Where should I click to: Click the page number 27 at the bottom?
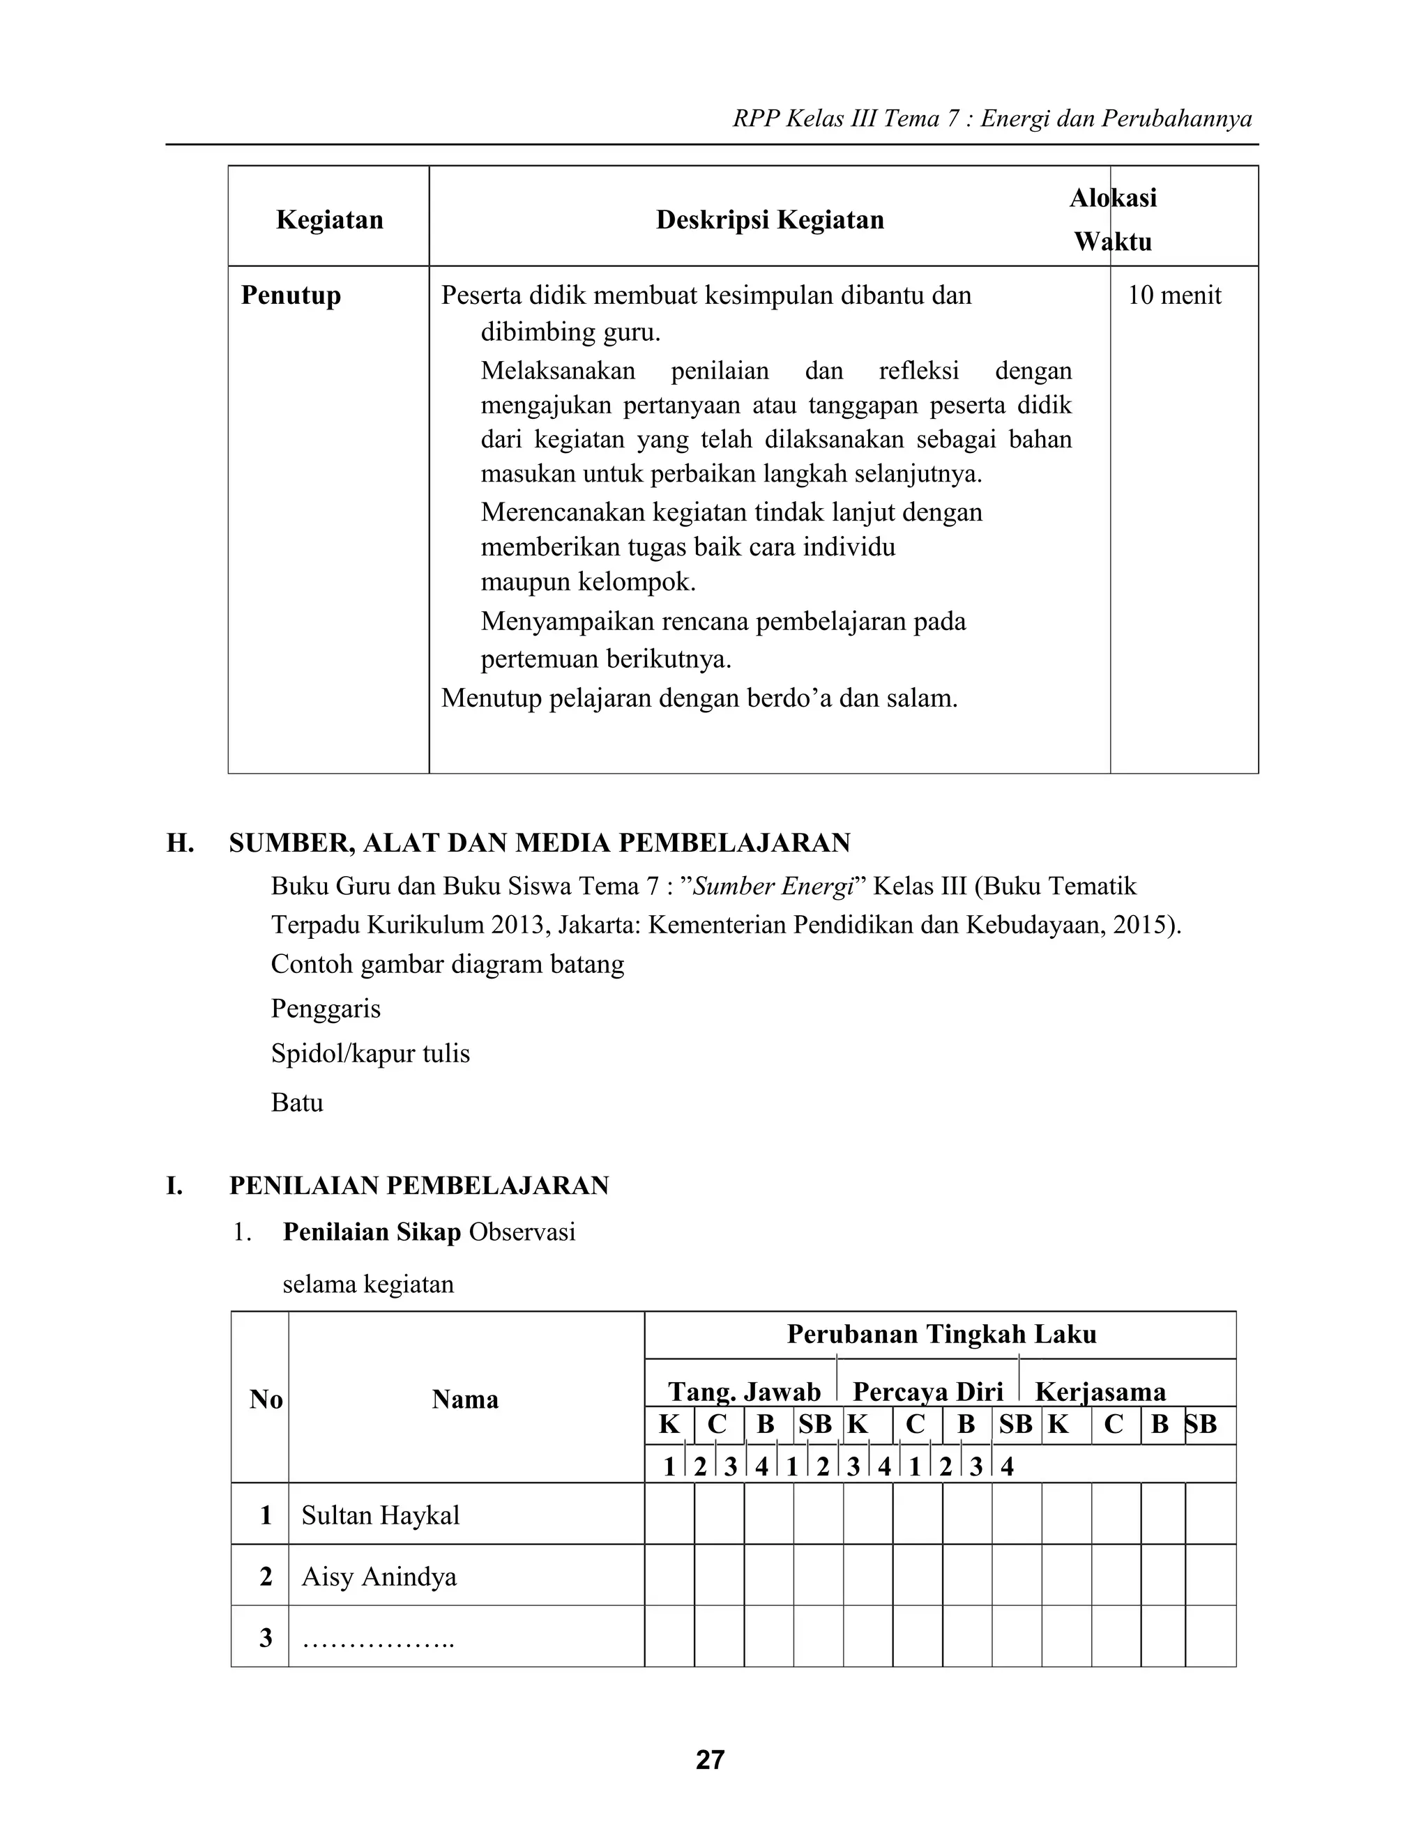pos(710,1759)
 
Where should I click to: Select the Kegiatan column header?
pos(329,220)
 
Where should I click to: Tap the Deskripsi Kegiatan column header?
pos(770,220)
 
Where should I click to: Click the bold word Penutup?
pos(291,295)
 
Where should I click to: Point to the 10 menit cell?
pos(1174,295)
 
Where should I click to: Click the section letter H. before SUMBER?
pos(180,843)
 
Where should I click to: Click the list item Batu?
pos(297,1103)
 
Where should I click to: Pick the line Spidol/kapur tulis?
pos(370,1054)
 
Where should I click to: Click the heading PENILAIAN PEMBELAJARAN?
pos(419,1186)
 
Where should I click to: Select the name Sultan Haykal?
pos(380,1515)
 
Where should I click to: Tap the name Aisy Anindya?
pos(379,1577)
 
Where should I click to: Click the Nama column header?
pos(464,1400)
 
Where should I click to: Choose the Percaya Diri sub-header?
pos(927,1391)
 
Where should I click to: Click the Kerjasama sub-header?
pos(1100,1391)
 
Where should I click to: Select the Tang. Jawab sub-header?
pos(745,1391)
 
